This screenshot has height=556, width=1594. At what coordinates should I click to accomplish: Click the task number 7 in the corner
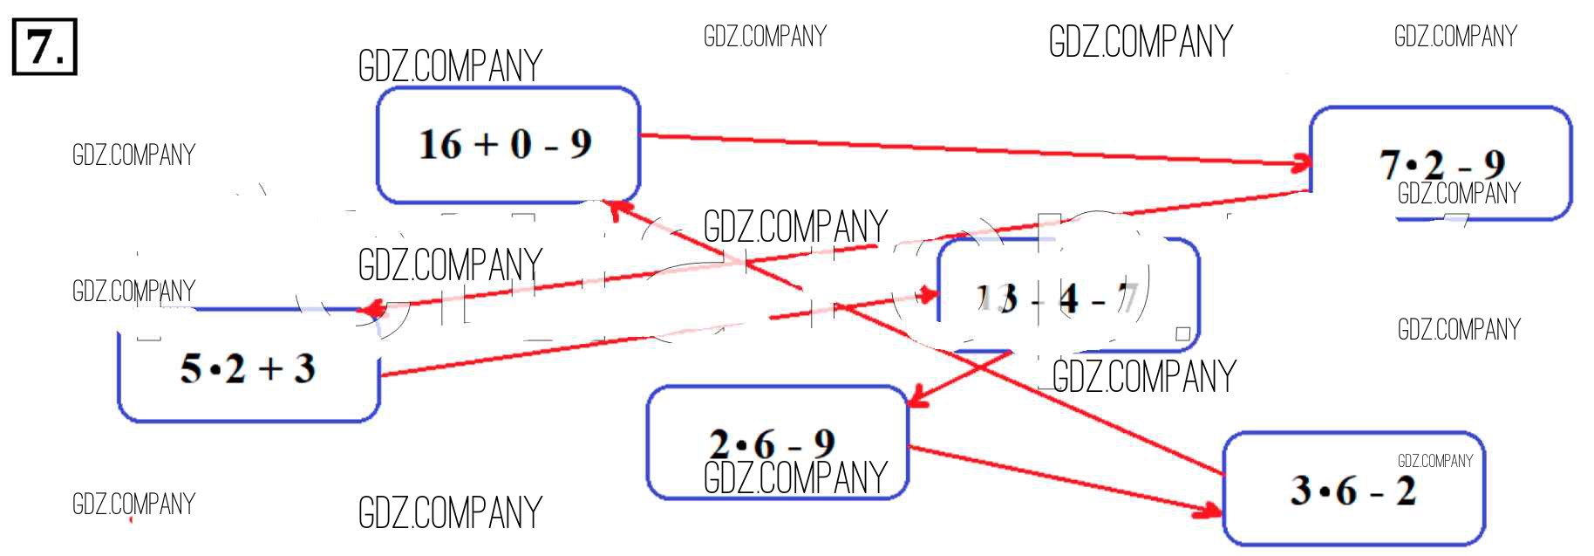[44, 47]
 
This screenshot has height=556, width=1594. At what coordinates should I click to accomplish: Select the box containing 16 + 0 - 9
[507, 145]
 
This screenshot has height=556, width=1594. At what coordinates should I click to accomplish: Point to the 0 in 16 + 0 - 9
[521, 145]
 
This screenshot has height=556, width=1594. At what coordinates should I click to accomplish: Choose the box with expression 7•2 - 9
[1441, 163]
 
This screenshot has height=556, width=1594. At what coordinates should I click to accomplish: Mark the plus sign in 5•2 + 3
[270, 369]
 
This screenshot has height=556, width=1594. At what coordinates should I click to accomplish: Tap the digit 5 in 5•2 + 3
[190, 369]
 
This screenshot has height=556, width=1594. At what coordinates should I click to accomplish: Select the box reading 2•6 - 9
[776, 443]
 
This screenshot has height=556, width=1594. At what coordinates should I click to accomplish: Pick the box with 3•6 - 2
[1353, 490]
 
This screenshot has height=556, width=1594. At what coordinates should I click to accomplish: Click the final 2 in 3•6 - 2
[1406, 491]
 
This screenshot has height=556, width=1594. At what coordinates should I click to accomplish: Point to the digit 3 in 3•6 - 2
[1301, 491]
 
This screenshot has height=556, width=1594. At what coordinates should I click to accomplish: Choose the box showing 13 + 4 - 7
[1068, 297]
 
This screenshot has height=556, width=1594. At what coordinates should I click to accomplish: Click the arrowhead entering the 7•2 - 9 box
[1303, 162]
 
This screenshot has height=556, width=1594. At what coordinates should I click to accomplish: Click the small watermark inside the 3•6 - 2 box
[1434, 461]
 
